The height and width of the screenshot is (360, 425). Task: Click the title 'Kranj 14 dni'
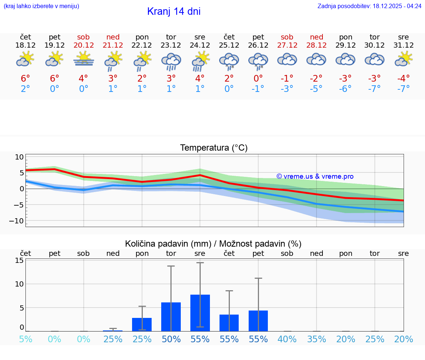coord(174,11)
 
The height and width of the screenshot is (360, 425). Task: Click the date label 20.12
coord(83,45)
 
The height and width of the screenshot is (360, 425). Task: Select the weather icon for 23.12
coord(171,61)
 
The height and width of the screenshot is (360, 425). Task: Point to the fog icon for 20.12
coord(83,60)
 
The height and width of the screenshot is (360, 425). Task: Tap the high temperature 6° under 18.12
coord(25,78)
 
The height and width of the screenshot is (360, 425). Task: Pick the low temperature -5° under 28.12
coord(316,89)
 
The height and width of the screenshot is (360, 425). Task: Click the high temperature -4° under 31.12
coord(403,78)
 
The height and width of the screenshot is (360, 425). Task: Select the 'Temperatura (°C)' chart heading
coord(214,148)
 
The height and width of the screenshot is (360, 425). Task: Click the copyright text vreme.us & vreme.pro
coord(315,176)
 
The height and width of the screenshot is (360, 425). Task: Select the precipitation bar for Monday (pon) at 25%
coord(142,324)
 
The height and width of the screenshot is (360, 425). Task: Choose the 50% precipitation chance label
coord(171,339)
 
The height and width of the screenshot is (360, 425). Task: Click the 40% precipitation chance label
coord(287,339)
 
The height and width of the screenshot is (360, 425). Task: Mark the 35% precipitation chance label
coord(316,339)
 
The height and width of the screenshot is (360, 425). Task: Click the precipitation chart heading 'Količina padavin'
coord(213,244)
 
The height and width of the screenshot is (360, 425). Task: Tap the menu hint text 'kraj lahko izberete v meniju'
coord(41,6)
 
